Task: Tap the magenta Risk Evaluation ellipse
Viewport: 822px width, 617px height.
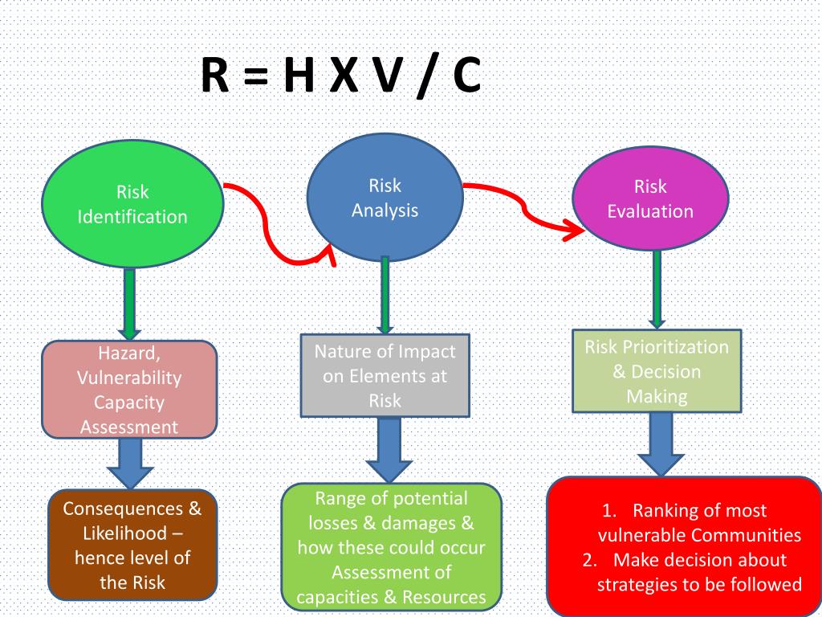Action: tap(650, 199)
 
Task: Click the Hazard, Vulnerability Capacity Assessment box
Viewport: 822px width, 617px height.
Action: tap(129, 390)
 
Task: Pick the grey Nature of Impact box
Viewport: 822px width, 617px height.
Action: tap(385, 376)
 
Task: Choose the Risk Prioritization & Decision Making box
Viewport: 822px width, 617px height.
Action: tap(657, 371)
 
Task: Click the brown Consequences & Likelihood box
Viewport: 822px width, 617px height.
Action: tap(132, 545)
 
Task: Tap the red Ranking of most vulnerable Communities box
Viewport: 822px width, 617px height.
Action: tap(685, 546)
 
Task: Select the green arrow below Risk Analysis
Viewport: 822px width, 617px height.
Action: tap(385, 294)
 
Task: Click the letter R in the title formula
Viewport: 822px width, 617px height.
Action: tap(216, 78)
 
